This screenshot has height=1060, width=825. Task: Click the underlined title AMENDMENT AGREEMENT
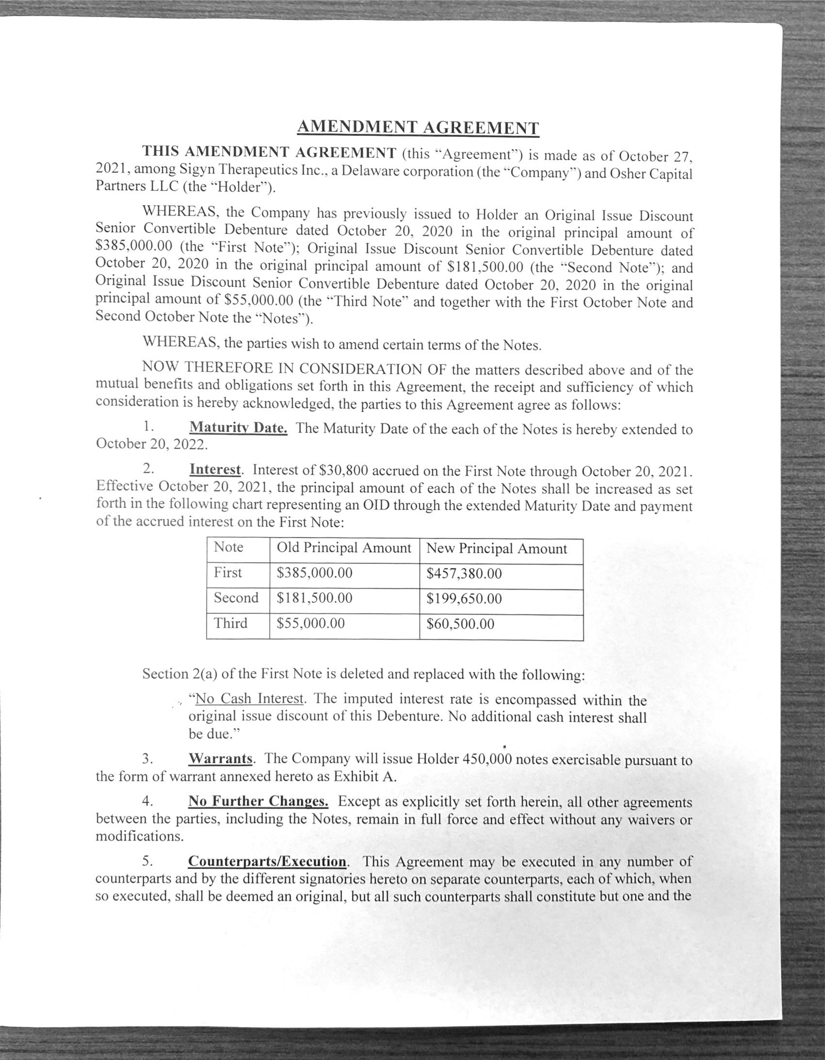pos(418,127)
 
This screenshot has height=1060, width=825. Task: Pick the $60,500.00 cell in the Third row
pos(460,624)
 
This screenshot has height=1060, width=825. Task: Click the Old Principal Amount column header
pos(344,548)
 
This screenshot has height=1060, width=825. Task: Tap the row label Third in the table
pos(230,623)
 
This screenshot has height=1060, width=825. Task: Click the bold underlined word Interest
pos(215,469)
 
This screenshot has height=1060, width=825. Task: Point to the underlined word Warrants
pos(220,758)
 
